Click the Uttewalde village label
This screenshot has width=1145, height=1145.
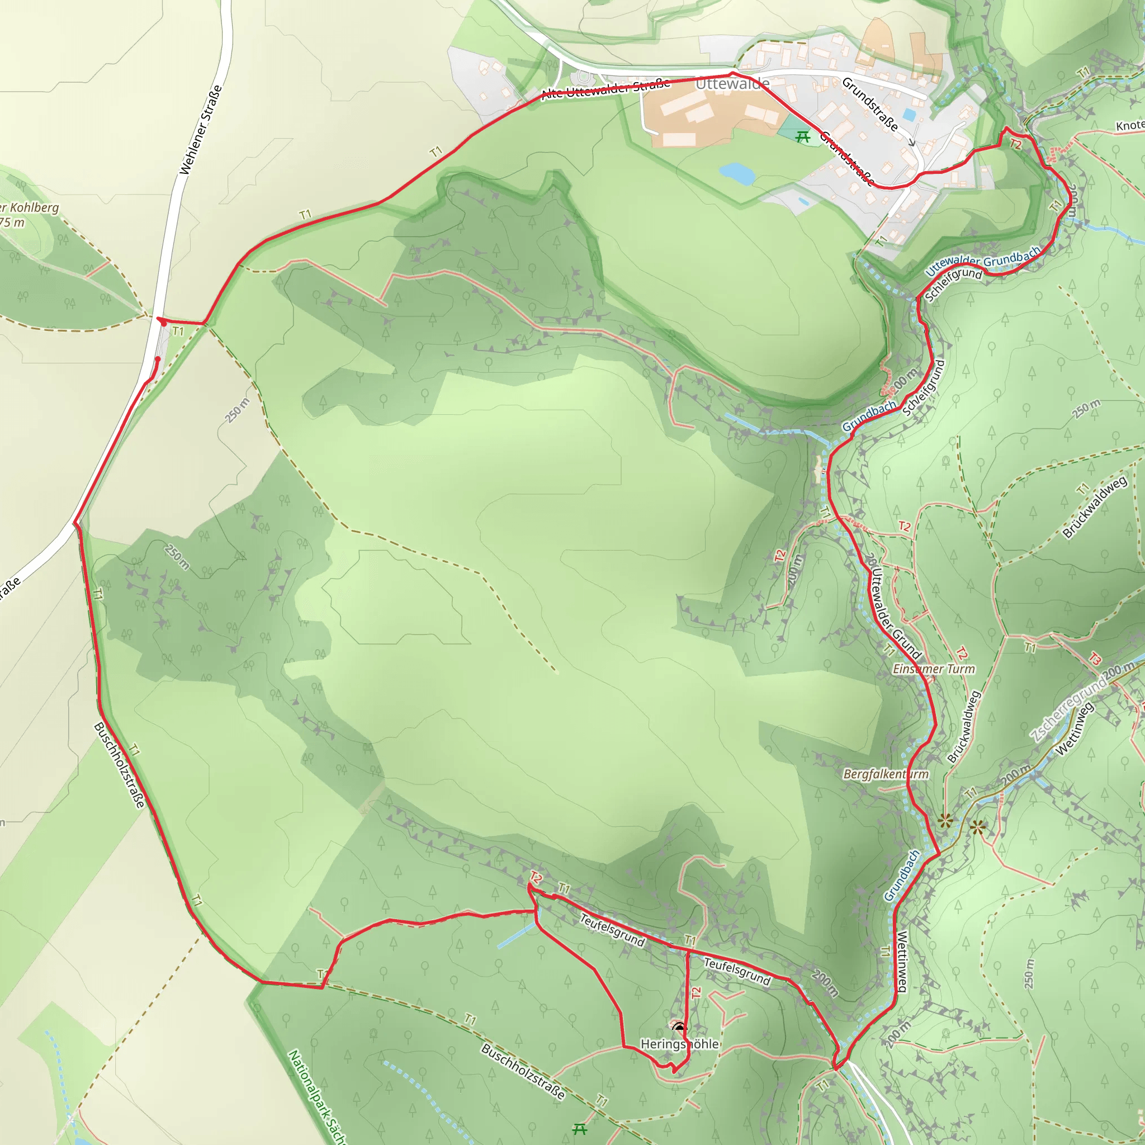click(732, 83)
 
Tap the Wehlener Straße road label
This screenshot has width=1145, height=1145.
click(201, 130)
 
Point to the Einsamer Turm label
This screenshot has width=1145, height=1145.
click(934, 669)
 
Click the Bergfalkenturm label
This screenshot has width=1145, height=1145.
click(886, 774)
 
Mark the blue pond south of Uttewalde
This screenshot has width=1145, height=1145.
click(737, 173)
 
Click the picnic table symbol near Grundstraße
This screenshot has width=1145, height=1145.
click(803, 137)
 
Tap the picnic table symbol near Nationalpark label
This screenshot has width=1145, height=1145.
click(580, 1129)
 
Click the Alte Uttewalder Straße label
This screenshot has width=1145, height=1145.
click(605, 89)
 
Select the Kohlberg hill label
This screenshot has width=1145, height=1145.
click(30, 208)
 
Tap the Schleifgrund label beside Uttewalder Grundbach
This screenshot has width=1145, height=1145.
click(953, 284)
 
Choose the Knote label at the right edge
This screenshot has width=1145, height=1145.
click(1129, 126)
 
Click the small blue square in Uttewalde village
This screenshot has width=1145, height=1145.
click(909, 115)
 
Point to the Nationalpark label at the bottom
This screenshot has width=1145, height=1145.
click(316, 1096)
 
